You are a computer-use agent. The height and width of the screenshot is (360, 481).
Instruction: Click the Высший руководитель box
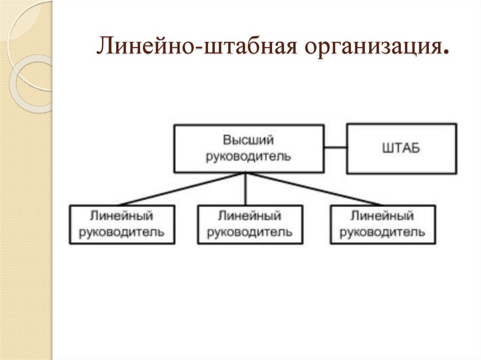click(x=248, y=148)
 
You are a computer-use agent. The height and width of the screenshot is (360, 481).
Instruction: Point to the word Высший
click(x=248, y=140)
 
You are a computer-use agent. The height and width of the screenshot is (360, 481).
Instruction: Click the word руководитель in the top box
click(x=248, y=156)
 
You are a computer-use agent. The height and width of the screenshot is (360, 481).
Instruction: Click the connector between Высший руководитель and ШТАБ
click(x=335, y=148)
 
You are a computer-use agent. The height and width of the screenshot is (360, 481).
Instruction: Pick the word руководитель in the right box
click(x=382, y=232)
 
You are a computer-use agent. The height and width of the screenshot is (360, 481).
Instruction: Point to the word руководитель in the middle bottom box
click(x=249, y=232)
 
